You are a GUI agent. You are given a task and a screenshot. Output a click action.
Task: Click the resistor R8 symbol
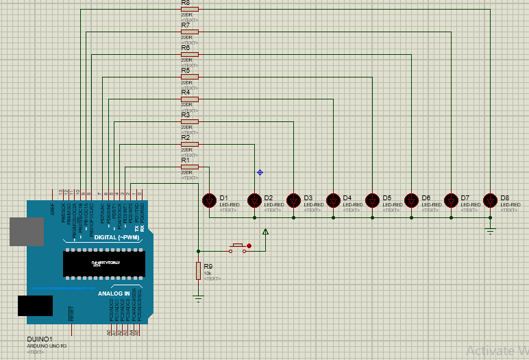click(x=189, y=10)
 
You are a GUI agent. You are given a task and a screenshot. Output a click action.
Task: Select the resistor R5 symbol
click(x=189, y=77)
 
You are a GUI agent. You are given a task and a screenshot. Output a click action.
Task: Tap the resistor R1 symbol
click(x=189, y=167)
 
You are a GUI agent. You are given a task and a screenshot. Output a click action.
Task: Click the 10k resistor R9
click(x=199, y=271)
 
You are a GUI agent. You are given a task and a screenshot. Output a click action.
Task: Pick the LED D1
click(x=210, y=200)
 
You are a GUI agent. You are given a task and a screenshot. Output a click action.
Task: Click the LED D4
click(x=333, y=200)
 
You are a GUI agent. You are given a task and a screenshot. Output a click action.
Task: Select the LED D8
click(x=490, y=200)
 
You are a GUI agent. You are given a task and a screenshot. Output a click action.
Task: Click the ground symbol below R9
click(x=199, y=298)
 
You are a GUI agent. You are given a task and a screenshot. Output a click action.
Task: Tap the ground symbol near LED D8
click(x=490, y=230)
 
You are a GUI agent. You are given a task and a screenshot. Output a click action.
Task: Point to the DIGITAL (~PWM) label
click(x=117, y=237)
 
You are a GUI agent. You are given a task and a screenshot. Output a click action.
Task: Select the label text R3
click(x=185, y=115)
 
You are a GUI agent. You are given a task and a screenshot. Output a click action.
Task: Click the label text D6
click(x=426, y=198)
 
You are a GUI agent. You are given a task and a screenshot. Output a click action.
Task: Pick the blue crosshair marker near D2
click(x=260, y=172)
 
